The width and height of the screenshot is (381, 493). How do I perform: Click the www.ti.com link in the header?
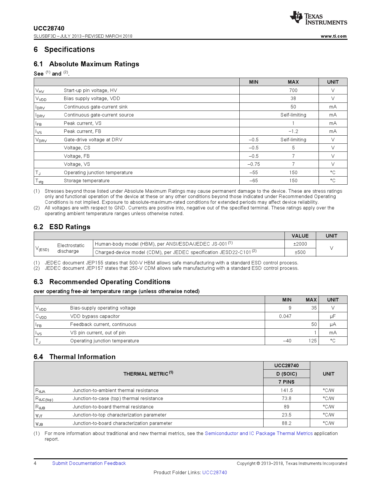333,36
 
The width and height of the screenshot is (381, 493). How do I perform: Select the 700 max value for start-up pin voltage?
293,90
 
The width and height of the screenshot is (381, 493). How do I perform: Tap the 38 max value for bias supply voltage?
293,98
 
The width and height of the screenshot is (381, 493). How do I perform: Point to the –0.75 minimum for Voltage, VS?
253,164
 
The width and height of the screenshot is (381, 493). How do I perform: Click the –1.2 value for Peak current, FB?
293,131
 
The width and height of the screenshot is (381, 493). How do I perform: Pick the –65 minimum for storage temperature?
253,180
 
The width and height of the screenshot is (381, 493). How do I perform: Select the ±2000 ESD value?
300,244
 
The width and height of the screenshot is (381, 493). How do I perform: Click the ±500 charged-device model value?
300,252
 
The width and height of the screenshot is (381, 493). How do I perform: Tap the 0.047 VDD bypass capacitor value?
285,316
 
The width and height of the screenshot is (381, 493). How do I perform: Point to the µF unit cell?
333,316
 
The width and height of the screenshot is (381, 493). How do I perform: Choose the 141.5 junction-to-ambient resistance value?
287,390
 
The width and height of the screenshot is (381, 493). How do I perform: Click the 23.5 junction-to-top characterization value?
287,415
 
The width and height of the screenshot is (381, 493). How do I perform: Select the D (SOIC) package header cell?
287,374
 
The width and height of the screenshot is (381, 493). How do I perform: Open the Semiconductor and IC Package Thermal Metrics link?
258,433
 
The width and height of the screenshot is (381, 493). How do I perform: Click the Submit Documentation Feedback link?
89,463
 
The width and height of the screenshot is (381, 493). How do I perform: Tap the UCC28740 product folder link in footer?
215,472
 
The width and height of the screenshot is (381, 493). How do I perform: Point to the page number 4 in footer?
35,463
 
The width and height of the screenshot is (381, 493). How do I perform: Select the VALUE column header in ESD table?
300,236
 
